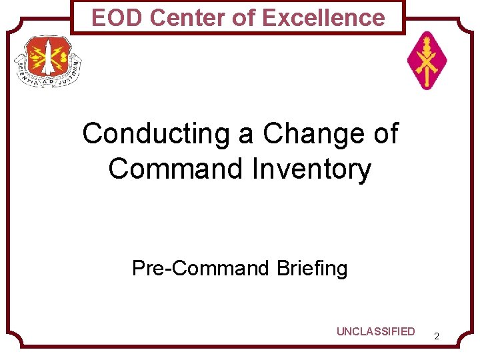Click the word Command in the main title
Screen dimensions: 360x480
click(x=176, y=169)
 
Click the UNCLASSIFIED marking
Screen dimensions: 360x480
click(x=375, y=332)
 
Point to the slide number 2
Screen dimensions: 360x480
click(x=436, y=337)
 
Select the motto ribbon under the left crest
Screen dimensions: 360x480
click(x=48, y=80)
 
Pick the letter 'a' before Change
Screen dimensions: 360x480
click(x=247, y=134)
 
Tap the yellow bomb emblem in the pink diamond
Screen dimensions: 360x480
click(x=427, y=65)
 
